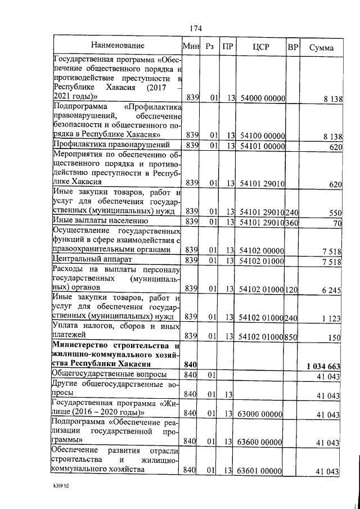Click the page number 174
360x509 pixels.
(196, 29)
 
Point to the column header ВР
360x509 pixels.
(292, 47)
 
